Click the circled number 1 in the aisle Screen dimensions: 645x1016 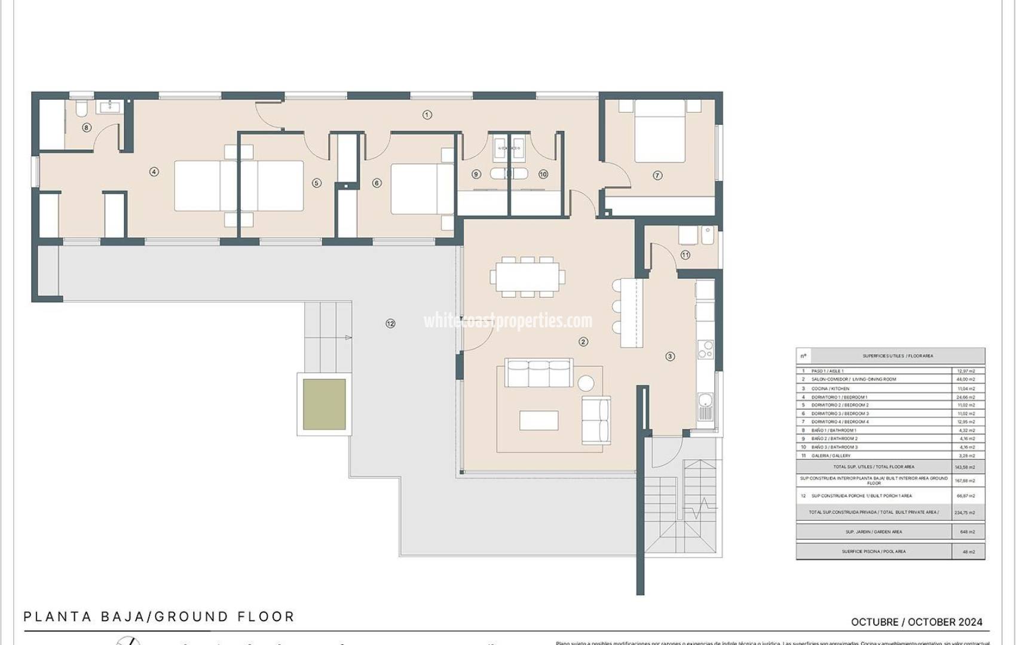coord(427,115)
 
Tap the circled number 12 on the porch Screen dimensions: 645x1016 coord(390,324)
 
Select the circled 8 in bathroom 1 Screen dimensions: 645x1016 coord(87,127)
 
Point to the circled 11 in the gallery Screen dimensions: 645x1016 coord(685,255)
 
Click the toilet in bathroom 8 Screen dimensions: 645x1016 coord(81,108)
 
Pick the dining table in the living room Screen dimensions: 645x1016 coord(528,277)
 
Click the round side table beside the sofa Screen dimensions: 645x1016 coord(586,382)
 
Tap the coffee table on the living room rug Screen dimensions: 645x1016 coord(538,420)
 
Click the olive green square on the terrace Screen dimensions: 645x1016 coord(324,404)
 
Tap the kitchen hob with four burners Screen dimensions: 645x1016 coord(706,349)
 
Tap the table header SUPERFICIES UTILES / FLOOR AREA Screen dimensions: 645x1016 coord(897,356)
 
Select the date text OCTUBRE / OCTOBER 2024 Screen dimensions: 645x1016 coord(916,622)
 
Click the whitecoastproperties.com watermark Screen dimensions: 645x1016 coord(508,321)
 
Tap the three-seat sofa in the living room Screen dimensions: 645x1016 coord(538,374)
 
